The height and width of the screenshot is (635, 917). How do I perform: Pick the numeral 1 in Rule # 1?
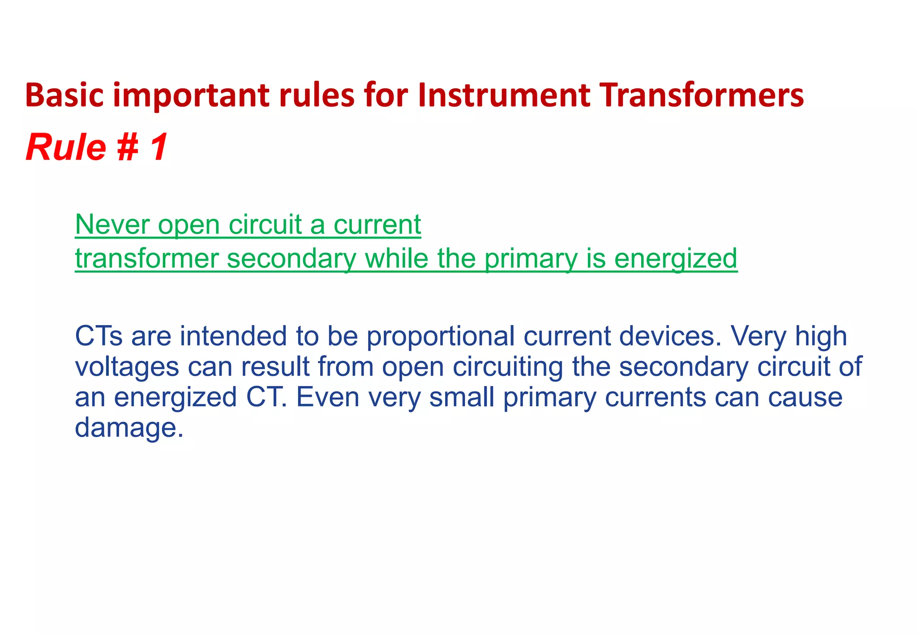pyautogui.click(x=159, y=148)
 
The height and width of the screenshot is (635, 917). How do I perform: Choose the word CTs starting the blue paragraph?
pyautogui.click(x=99, y=336)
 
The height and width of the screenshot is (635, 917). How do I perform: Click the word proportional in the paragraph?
pyautogui.click(x=441, y=337)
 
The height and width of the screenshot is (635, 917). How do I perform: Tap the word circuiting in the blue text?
pyautogui.click(x=507, y=367)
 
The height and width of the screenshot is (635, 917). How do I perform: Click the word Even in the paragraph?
pyautogui.click(x=328, y=397)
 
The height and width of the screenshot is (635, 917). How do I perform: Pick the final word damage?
pyautogui.click(x=128, y=429)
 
